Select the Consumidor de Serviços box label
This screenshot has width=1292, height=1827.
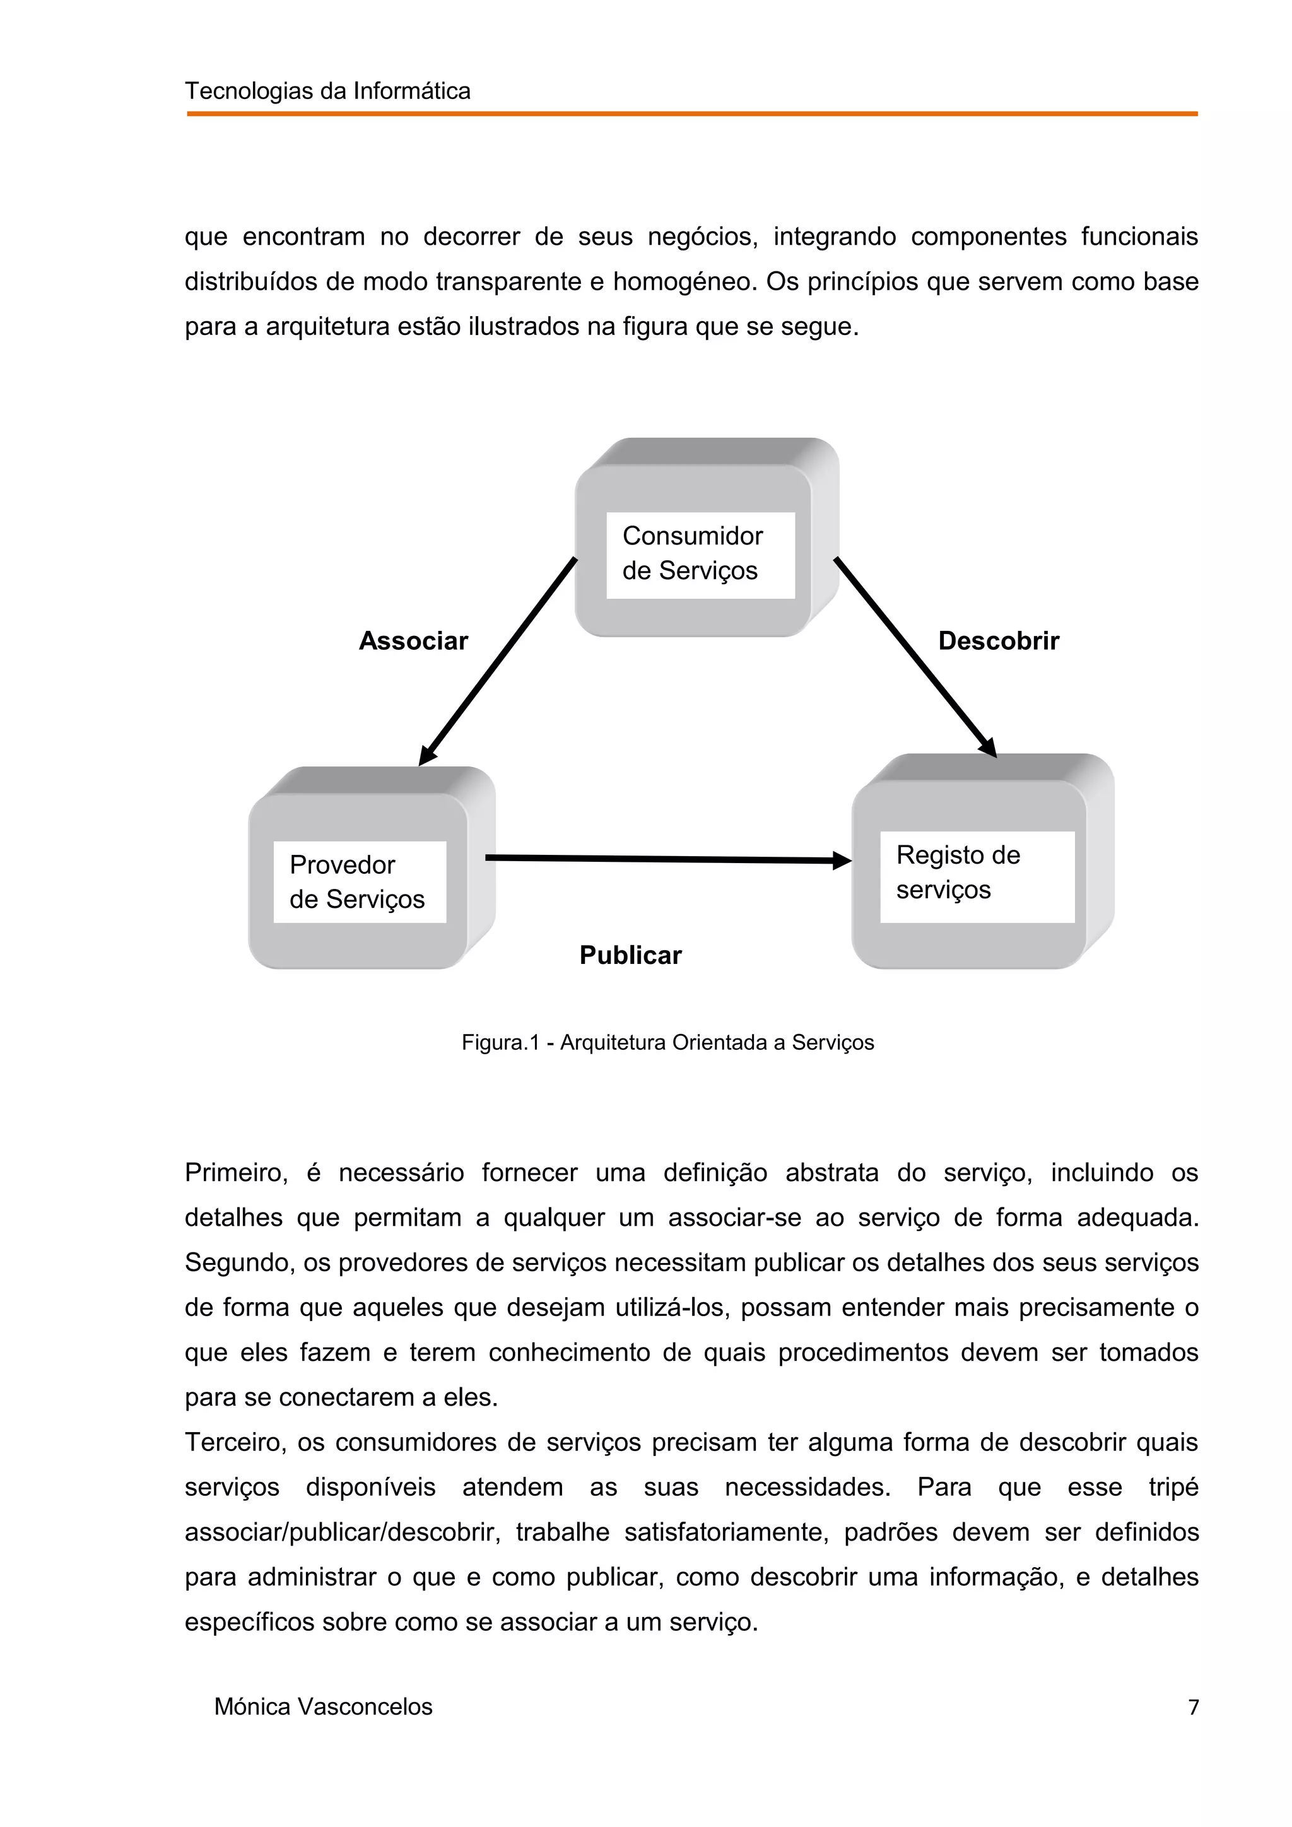(x=691, y=553)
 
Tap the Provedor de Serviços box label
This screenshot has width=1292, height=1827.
(x=357, y=882)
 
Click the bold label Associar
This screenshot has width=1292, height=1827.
(x=413, y=640)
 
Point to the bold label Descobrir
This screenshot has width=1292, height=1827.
(x=999, y=640)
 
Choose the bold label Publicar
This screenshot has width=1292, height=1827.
(x=630, y=955)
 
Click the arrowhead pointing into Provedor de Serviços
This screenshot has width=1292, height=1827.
(x=427, y=755)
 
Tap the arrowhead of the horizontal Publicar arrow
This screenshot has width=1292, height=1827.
(x=842, y=860)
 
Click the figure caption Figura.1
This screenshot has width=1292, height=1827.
(x=667, y=1042)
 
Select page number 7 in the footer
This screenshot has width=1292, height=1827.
(x=1192, y=1707)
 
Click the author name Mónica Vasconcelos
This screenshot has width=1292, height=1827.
(x=323, y=1707)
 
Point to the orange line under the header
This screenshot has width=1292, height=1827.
(x=691, y=114)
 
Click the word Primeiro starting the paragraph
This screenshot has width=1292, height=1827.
(x=235, y=1173)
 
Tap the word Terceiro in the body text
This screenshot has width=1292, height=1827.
(x=235, y=1442)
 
